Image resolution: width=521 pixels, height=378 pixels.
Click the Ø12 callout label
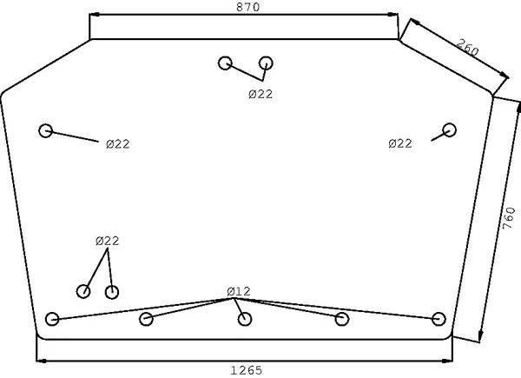[x=238, y=290]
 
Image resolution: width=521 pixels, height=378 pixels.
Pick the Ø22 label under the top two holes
[x=260, y=94]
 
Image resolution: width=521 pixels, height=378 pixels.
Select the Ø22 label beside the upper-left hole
[x=117, y=144]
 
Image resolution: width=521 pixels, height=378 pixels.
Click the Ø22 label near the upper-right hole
[x=399, y=143]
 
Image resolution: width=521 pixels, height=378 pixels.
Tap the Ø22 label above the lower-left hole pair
[x=107, y=240]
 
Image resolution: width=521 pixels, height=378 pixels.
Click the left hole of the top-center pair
[x=226, y=63]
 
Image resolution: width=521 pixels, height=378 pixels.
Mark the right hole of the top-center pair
[x=267, y=63]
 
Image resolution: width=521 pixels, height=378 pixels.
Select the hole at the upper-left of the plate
[x=46, y=130]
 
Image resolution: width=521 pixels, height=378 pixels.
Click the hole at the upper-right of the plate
[x=449, y=130]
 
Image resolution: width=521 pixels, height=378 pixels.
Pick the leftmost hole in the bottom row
[x=52, y=318]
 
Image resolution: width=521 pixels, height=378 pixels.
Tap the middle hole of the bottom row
[x=245, y=319]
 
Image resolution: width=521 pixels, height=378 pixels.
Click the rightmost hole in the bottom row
[x=439, y=318]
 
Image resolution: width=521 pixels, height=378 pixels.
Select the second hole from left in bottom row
[x=146, y=319]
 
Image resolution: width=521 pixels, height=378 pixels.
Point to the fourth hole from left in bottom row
[x=342, y=319]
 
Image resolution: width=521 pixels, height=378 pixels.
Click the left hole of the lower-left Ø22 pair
[x=84, y=291]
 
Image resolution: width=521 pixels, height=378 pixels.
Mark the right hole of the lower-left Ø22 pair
[x=111, y=291]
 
